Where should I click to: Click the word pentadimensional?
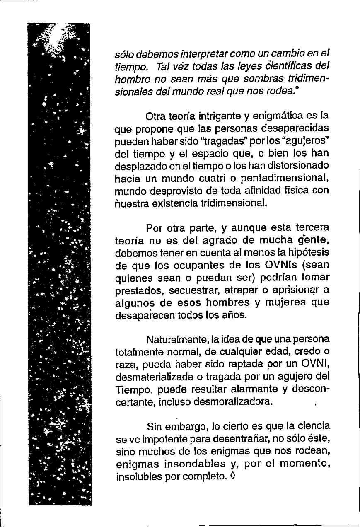click(x=284, y=178)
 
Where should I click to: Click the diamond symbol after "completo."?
click(x=233, y=476)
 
